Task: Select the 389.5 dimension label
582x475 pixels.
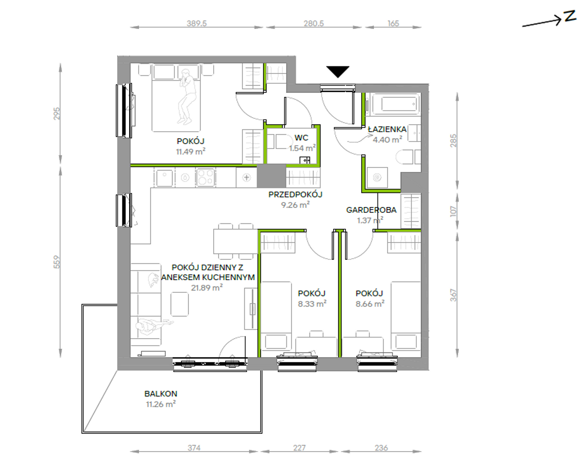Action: coord(197,23)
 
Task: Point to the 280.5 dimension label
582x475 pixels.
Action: coord(314,23)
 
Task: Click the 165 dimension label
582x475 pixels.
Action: coord(393,23)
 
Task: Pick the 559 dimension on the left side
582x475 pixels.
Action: coord(57,262)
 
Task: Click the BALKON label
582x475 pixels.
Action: coord(161,393)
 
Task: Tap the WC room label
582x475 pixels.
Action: coord(301,138)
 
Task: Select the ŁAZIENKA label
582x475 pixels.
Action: coord(387,129)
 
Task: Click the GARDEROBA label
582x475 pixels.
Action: coord(371,210)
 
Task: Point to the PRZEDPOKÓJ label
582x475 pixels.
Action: coord(295,194)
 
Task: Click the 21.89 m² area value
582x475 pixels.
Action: coord(207,287)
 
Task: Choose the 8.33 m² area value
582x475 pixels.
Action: coord(312,303)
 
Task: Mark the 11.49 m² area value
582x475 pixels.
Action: coord(191,151)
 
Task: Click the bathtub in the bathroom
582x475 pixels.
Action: coord(395,104)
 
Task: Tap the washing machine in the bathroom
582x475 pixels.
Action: coord(377,177)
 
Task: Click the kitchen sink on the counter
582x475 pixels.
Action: coord(165,177)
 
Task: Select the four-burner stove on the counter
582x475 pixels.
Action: coord(206,177)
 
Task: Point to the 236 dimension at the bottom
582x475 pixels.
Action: coord(381,448)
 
